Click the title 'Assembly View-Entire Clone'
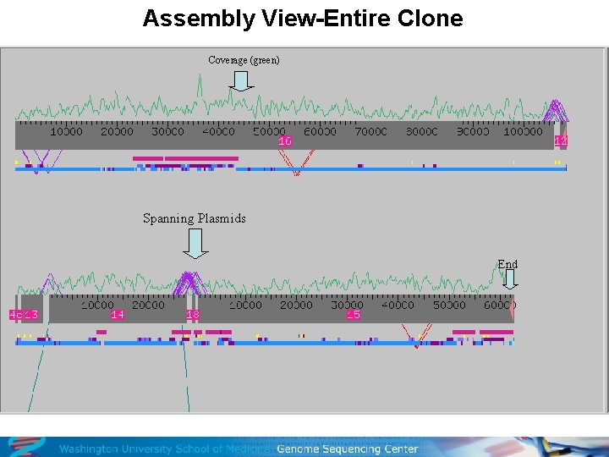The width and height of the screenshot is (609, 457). [x=303, y=19]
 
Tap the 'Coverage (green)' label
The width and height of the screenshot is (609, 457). [x=244, y=60]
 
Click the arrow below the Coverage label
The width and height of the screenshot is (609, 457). [x=241, y=80]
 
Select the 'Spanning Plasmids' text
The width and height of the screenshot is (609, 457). [x=195, y=218]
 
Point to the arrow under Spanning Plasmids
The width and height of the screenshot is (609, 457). [x=195, y=244]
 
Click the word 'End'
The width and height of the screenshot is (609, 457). [x=507, y=265]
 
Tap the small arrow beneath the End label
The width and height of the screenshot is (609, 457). [x=508, y=280]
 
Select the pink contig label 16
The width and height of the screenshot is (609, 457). [x=285, y=141]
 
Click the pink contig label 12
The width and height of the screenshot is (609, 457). [x=560, y=140]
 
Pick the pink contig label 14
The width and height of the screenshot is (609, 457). [x=118, y=315]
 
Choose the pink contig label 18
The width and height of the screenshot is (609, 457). [x=193, y=315]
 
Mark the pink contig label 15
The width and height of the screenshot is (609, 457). [x=354, y=315]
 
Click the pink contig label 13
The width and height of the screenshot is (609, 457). [x=31, y=315]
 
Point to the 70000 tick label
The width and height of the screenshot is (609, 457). [x=370, y=132]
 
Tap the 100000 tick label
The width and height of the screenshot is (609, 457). [x=523, y=132]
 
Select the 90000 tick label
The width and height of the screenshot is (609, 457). [x=472, y=132]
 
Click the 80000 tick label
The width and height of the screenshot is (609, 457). [x=421, y=132]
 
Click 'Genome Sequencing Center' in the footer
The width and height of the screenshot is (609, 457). [x=347, y=449]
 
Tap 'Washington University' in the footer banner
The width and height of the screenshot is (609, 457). [x=116, y=449]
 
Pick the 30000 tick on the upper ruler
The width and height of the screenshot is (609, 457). [x=167, y=132]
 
